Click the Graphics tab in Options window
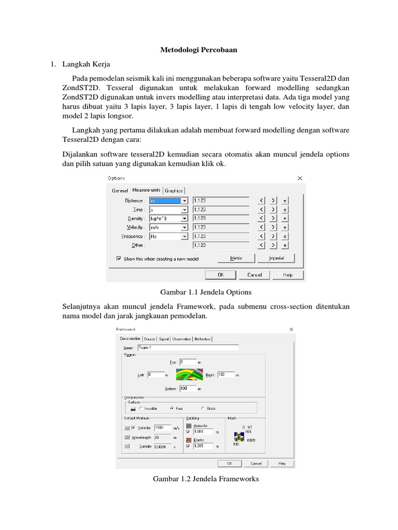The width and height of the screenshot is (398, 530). (x=174, y=190)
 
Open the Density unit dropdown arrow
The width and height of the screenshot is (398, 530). (x=184, y=218)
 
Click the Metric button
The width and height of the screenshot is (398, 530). (x=236, y=258)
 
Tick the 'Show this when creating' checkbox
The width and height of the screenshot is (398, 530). (x=119, y=258)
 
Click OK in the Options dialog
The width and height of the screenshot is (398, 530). (x=220, y=275)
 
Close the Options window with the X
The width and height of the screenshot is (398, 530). (x=300, y=178)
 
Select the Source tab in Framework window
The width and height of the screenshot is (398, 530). (x=150, y=339)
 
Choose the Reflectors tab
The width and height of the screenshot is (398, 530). (x=203, y=339)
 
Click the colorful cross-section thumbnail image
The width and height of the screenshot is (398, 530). (x=187, y=374)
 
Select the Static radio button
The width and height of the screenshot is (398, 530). (x=203, y=408)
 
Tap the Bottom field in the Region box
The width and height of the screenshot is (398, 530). (x=188, y=388)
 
